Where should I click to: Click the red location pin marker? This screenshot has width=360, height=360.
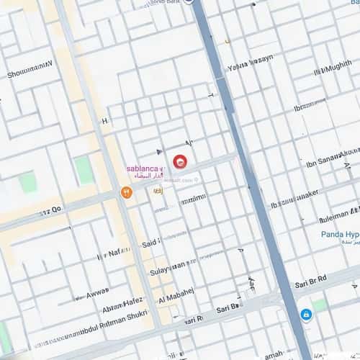tap(180, 162)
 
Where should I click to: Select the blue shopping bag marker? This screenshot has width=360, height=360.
tap(306, 315)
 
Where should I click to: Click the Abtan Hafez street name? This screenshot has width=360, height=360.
tap(123, 306)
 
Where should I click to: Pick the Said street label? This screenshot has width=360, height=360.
tap(150, 243)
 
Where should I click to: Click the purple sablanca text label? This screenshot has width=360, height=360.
tap(144, 168)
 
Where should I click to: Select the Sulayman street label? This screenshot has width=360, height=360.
tap(168, 271)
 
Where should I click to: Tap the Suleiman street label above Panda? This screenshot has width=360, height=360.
tap(338, 215)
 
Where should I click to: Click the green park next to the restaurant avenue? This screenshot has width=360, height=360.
tap(84, 170)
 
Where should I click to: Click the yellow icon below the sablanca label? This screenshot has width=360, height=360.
tap(158, 192)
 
